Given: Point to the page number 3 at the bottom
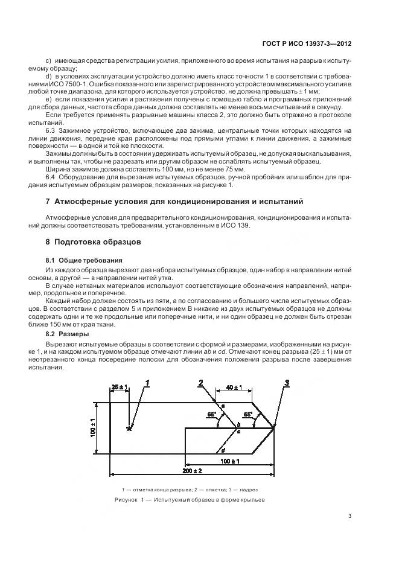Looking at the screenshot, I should coord(350,516).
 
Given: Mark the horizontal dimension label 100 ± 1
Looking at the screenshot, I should coord(229,461).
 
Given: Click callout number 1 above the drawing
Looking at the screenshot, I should coord(147,382).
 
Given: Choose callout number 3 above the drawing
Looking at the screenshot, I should coord(287,382).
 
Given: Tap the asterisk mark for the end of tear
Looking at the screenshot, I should coord(129,429).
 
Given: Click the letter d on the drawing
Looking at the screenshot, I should coord(223,450).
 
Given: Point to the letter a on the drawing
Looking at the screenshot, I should coord(222,406).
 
